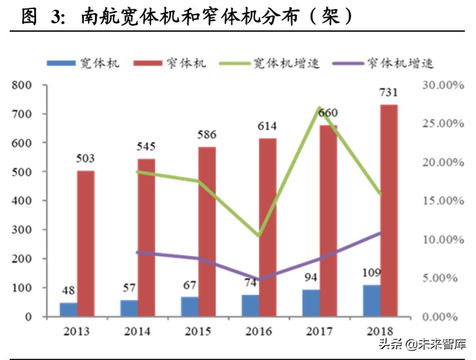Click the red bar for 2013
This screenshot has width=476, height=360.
click(x=86, y=244)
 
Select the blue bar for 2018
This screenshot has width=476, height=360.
click(x=371, y=301)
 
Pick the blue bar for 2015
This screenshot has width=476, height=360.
click(x=190, y=306)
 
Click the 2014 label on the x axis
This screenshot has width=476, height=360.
click(x=138, y=332)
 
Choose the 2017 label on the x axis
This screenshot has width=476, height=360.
click(x=320, y=332)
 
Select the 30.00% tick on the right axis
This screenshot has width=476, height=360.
click(x=442, y=85)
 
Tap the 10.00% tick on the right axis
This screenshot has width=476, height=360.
click(x=442, y=239)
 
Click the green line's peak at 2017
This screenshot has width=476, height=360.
click(x=320, y=108)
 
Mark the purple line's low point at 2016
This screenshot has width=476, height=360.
click(x=259, y=279)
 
